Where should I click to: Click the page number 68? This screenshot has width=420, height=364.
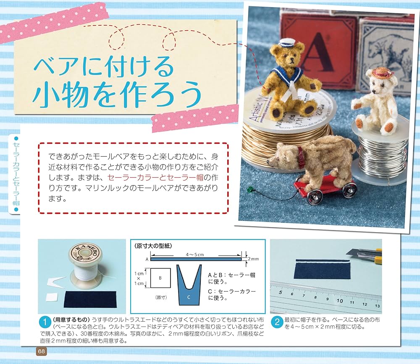point(42,351)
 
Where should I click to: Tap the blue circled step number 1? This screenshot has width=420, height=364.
point(45,323)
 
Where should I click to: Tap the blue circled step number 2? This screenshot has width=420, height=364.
point(277,323)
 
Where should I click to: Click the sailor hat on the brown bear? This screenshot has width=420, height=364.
point(286,43)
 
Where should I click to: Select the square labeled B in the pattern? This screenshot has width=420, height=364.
point(160,278)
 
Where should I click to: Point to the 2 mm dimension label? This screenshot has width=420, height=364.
point(253,259)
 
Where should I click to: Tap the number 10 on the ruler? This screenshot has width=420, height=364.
point(339,301)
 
